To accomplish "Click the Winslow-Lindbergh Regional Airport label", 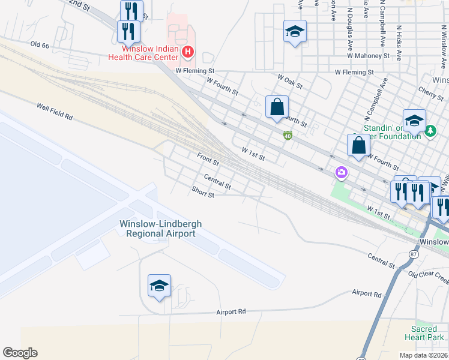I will pyautogui.click(x=160, y=228).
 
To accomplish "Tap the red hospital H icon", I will pyautogui.click(x=188, y=52).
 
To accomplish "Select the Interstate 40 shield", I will pyautogui.click(x=288, y=136).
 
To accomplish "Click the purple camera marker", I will pyautogui.click(x=342, y=173).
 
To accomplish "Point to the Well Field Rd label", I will pyautogui.click(x=54, y=112).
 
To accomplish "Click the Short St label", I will pyautogui.click(x=203, y=191).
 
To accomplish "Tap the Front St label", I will pyautogui.click(x=208, y=159).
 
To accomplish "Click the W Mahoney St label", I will pyautogui.click(x=369, y=56).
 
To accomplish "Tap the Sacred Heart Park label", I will pyautogui.click(x=428, y=333).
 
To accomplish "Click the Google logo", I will pyautogui.click(x=20, y=353).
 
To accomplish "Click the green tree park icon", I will pyautogui.click(x=430, y=130).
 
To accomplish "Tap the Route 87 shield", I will pyautogui.click(x=413, y=254).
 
